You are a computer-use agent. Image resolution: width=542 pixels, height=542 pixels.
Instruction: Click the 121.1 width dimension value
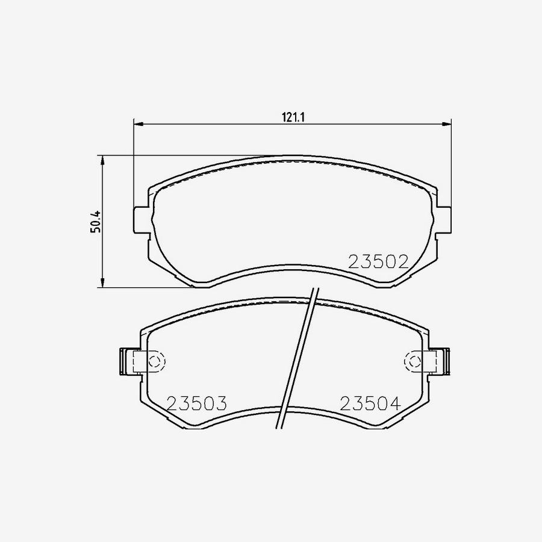coord(293,117)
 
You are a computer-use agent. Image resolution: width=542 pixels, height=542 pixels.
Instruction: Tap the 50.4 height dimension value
coord(96,221)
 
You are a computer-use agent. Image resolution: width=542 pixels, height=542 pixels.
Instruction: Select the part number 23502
coord(379,262)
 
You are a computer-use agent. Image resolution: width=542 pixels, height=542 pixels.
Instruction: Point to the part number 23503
coord(197,403)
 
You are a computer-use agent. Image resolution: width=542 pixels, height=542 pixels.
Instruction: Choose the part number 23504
coord(370,403)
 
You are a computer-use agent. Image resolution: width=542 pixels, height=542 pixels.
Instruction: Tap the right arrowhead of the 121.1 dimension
coord(447,123)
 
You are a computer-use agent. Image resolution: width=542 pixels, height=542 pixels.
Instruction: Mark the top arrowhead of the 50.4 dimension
coord(102,160)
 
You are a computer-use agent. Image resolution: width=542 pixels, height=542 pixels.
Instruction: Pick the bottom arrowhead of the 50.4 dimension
coord(102,282)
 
